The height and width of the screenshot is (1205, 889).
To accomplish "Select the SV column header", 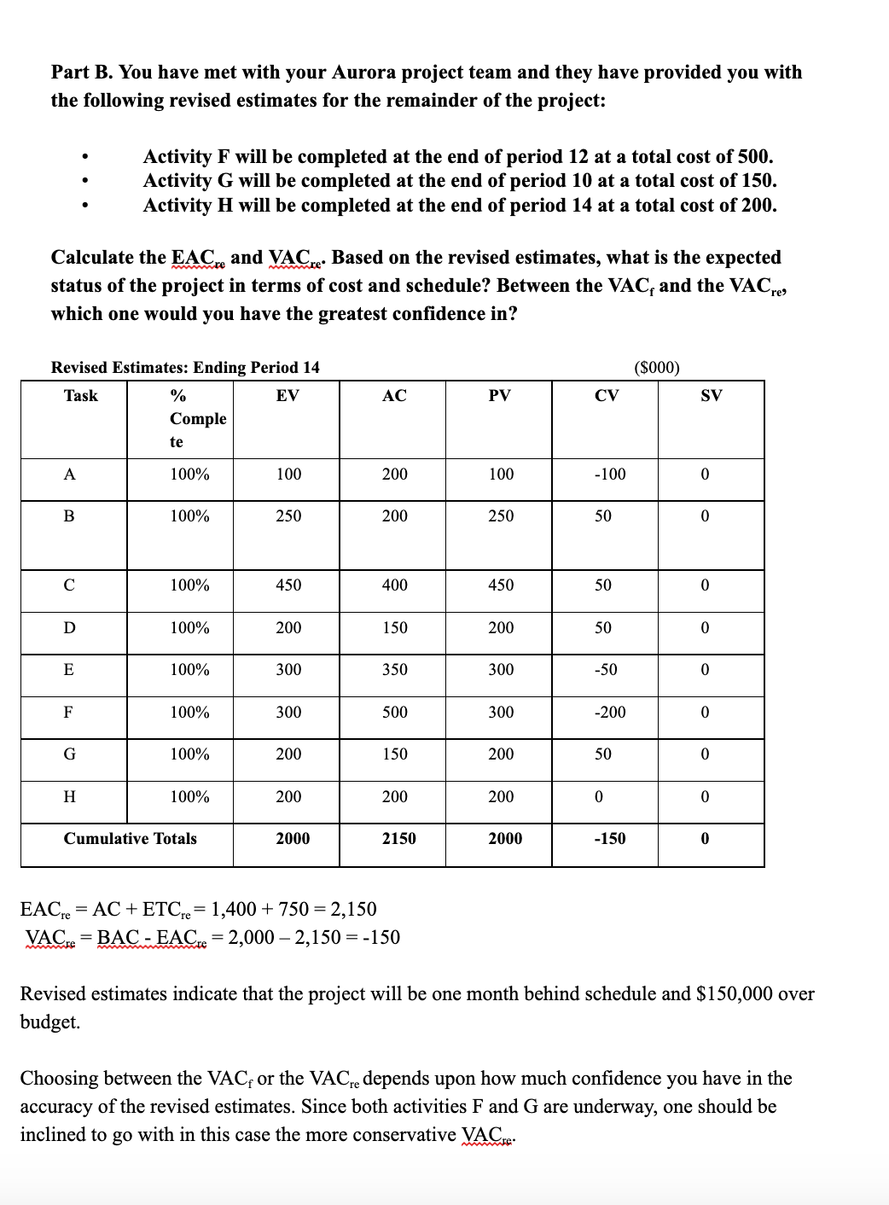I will click(x=711, y=395).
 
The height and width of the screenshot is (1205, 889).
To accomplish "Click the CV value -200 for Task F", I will click(x=609, y=712).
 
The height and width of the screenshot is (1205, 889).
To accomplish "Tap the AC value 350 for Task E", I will click(x=394, y=669).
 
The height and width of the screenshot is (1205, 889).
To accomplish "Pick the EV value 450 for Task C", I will click(x=288, y=585).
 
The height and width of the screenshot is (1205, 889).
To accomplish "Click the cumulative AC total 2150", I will click(x=398, y=838).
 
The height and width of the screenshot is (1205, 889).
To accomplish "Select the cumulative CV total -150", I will click(x=609, y=838).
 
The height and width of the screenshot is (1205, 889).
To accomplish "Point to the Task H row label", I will click(x=69, y=796).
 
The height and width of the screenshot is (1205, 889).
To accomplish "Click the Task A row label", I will click(x=69, y=474).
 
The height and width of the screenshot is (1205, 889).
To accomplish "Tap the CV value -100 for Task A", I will click(x=609, y=474).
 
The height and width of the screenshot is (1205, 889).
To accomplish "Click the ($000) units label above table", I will click(x=657, y=368).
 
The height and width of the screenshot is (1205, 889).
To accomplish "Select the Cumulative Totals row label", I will click(x=130, y=838).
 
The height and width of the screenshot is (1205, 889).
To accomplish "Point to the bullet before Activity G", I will click(x=84, y=181).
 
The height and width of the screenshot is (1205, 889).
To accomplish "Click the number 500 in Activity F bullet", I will click(x=754, y=156).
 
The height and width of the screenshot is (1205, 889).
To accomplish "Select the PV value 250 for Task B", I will click(x=501, y=515).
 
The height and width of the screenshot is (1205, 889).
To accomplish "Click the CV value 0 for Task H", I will click(x=598, y=796).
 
